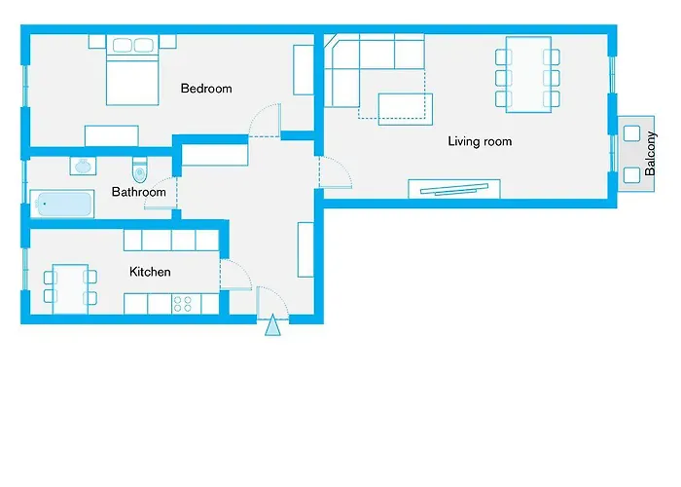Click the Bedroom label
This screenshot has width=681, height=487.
pyautogui.click(x=206, y=89)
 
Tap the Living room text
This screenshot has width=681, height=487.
pyautogui.click(x=479, y=141)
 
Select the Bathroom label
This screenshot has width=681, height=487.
pyautogui.click(x=138, y=192)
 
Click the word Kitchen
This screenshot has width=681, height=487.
pyautogui.click(x=150, y=272)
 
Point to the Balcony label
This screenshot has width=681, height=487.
pyautogui.click(x=651, y=150)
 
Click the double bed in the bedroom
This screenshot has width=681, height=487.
pyautogui.click(x=132, y=72)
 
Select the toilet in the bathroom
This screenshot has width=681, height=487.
pyautogui.click(x=139, y=169)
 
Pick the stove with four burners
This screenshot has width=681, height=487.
pyautogui.click(x=183, y=304)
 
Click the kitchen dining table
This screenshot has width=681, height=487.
pyautogui.click(x=70, y=287)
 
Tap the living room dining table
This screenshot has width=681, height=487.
pyautogui.click(x=528, y=73)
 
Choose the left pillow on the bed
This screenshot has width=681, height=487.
pyautogui.click(x=122, y=45)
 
